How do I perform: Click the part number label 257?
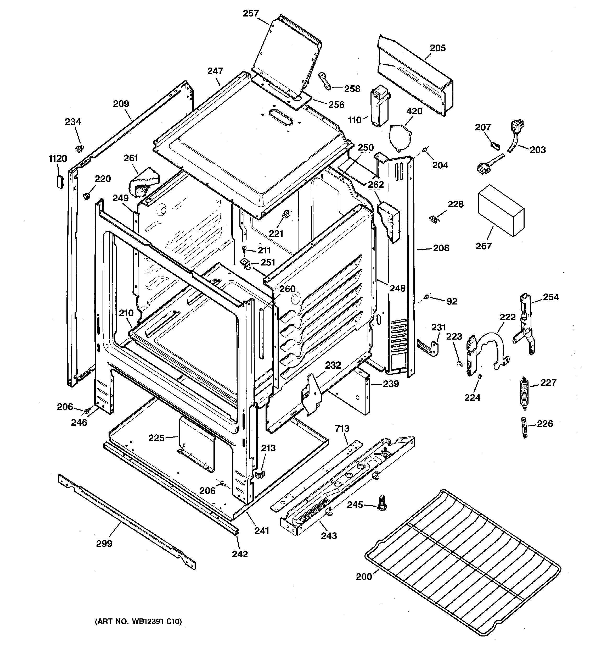click(251, 14)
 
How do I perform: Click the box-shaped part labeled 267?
click(501, 210)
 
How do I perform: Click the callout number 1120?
click(58, 159)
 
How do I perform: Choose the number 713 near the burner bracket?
click(342, 429)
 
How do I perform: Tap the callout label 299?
click(104, 543)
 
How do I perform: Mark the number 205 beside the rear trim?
click(437, 48)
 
